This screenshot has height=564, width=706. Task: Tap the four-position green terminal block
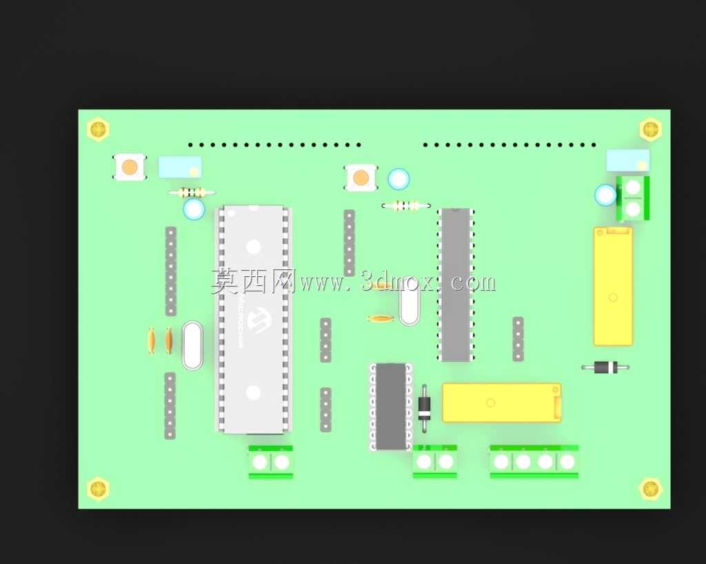tap(534, 461)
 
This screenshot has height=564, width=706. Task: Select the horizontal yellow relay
tap(502, 403)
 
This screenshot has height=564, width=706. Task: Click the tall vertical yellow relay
tap(613, 286)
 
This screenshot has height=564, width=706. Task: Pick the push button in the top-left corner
tap(129, 167)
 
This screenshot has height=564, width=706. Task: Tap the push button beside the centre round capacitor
tap(361, 178)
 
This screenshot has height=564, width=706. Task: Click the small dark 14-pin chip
tap(391, 406)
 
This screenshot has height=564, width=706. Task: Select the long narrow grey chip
tap(456, 284)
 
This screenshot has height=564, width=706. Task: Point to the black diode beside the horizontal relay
tap(424, 408)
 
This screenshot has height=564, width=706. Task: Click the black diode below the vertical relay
tap(605, 368)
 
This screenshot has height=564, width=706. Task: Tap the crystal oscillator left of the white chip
tap(193, 345)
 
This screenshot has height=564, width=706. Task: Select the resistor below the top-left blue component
tap(192, 193)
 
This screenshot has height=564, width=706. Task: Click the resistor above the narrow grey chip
tap(405, 205)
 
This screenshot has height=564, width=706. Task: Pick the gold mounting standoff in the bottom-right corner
tap(650, 488)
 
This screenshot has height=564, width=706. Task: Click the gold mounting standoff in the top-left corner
tap(98, 129)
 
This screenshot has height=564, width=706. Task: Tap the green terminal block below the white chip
tap(270, 462)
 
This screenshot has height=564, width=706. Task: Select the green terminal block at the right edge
tap(633, 198)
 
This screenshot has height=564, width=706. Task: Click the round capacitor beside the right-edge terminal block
tap(605, 195)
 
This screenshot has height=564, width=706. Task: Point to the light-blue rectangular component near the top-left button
tap(180, 167)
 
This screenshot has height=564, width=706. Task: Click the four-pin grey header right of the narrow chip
tap(518, 339)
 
